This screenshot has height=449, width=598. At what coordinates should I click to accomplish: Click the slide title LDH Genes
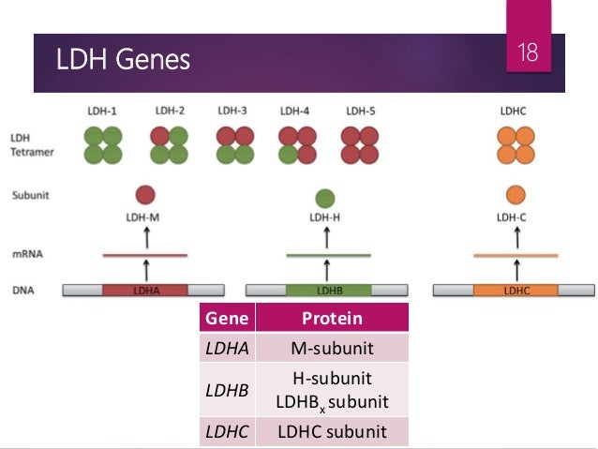click(x=124, y=61)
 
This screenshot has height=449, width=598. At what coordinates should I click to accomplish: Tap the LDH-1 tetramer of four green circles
click(x=102, y=144)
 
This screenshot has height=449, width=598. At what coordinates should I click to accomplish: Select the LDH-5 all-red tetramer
click(x=362, y=144)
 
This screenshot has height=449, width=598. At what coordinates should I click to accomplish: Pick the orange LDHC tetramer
click(x=516, y=144)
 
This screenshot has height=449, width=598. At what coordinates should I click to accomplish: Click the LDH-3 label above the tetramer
click(x=232, y=111)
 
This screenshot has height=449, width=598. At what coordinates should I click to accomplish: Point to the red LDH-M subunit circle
click(x=144, y=195)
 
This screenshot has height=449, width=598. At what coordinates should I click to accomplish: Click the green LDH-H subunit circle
click(x=325, y=198)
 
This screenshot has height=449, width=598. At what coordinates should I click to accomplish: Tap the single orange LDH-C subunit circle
click(x=516, y=195)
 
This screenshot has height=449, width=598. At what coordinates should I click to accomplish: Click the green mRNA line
click(x=328, y=254)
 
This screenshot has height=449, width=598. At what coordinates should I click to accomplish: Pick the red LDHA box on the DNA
click(x=145, y=291)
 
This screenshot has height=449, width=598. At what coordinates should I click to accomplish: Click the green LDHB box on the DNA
click(x=328, y=291)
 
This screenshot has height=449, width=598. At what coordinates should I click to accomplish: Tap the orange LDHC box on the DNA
click(x=516, y=291)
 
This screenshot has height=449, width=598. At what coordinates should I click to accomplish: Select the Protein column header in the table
click(x=332, y=319)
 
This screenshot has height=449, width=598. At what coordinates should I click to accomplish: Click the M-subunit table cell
click(x=332, y=349)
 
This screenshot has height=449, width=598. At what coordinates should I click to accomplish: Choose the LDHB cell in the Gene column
click(x=226, y=389)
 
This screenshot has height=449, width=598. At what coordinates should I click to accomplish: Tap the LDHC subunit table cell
click(x=332, y=431)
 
